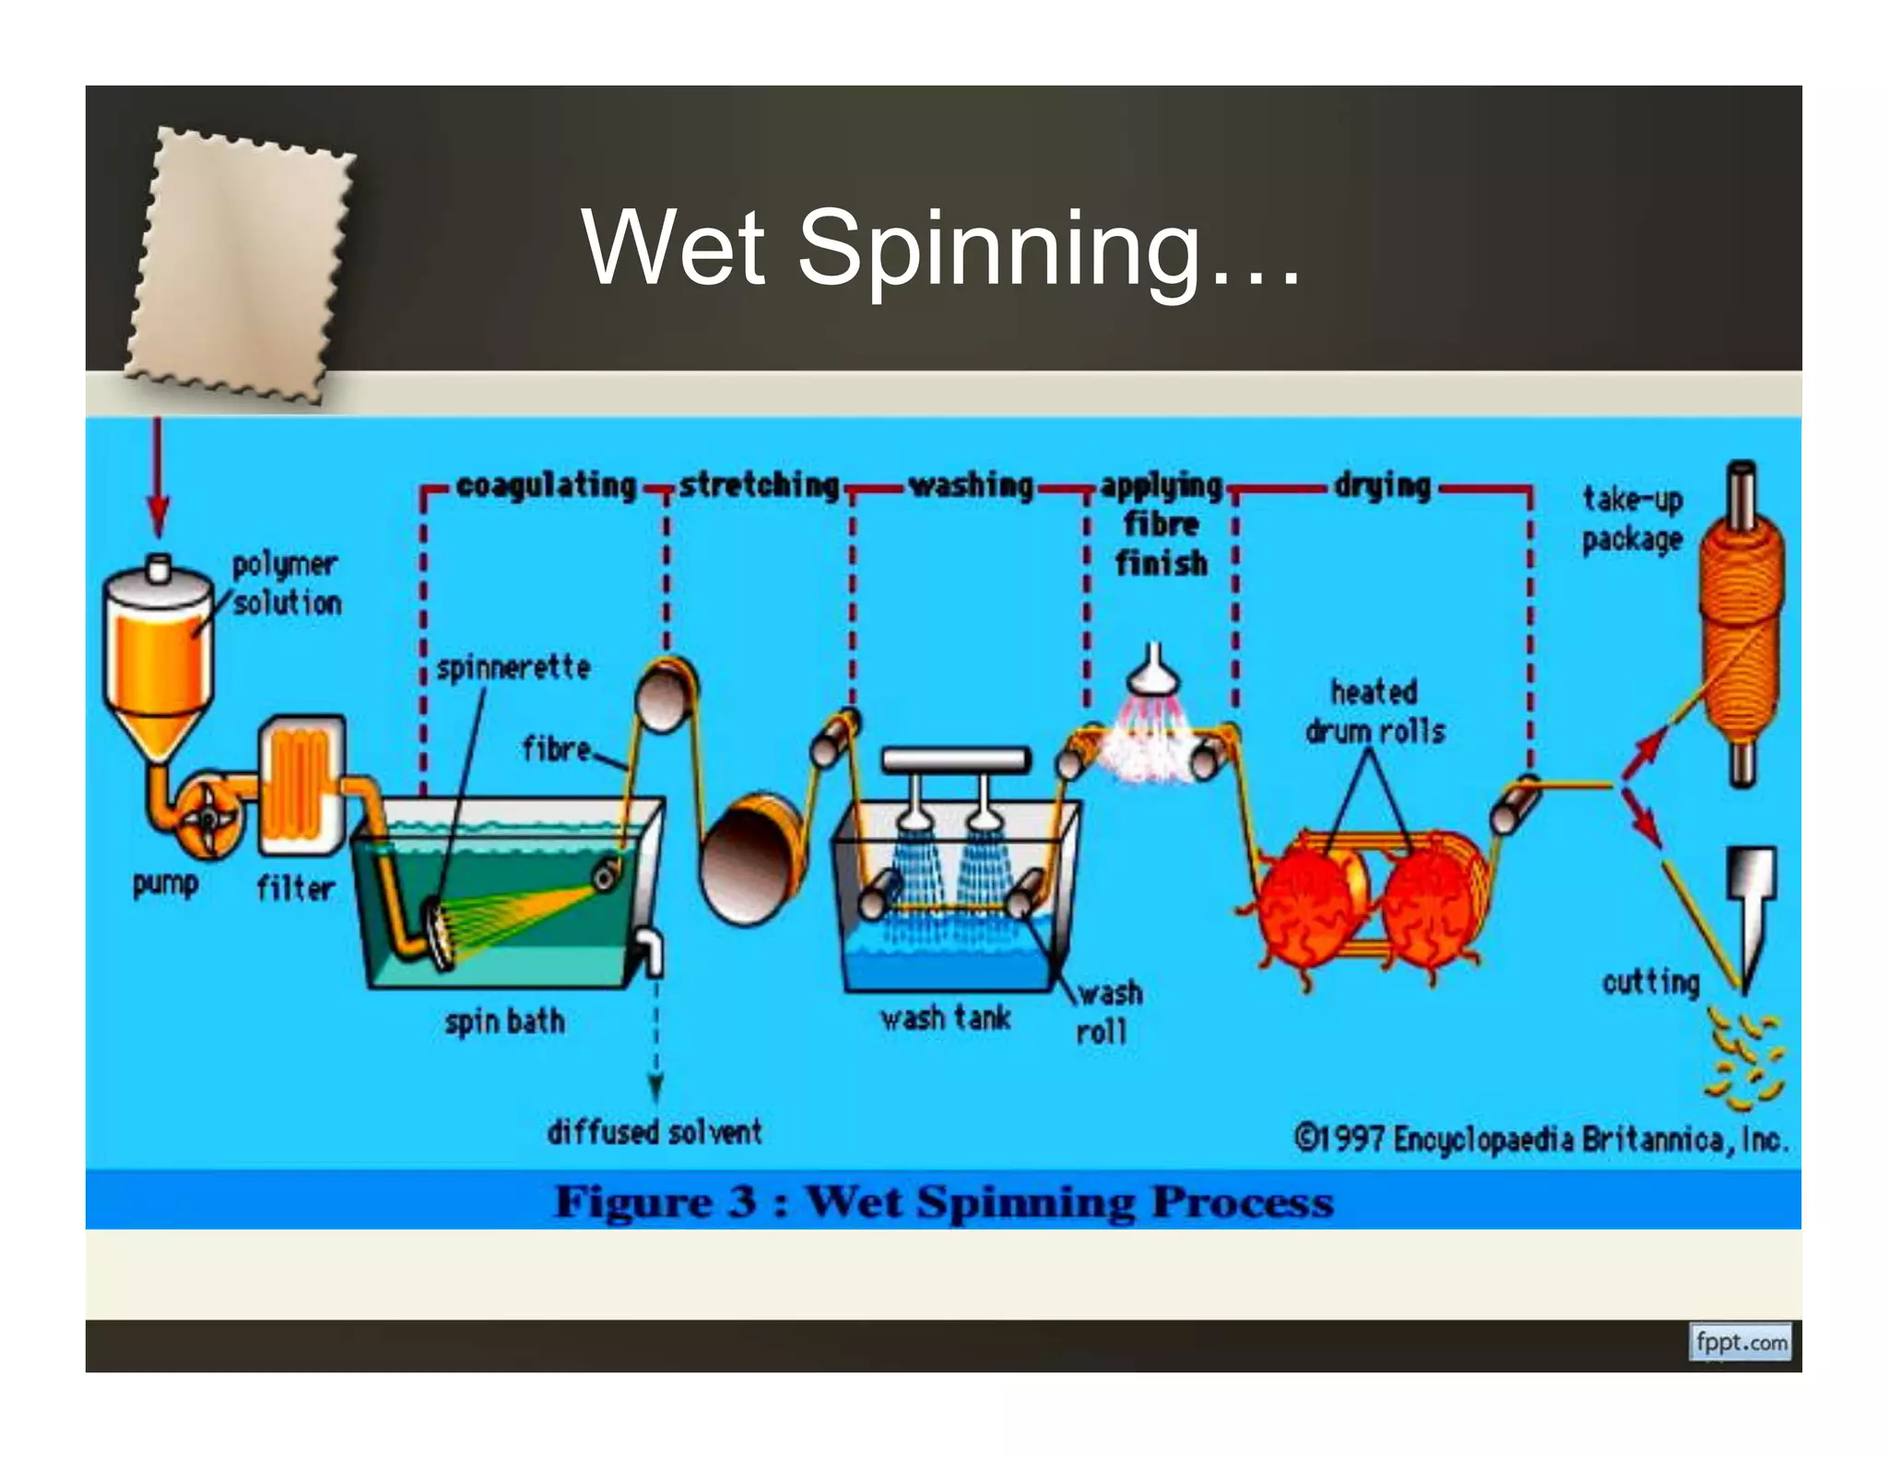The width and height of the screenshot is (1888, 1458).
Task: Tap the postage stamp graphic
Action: pyautogui.click(x=240, y=267)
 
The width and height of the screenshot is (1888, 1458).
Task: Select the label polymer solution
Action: pyautogui.click(x=286, y=583)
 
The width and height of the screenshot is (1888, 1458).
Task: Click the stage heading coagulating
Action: pyautogui.click(x=546, y=486)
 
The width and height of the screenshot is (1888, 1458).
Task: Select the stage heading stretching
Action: pyautogui.click(x=759, y=486)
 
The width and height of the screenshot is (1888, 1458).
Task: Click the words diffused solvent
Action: pyautogui.click(x=655, y=1132)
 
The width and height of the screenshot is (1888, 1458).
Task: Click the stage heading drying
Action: pyautogui.click(x=1382, y=486)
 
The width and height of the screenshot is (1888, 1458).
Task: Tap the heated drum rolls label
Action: pyautogui.click(x=1374, y=711)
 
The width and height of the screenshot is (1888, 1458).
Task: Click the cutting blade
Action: pyautogui.click(x=1750, y=912)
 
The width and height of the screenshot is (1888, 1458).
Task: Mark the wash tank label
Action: pyautogui.click(x=945, y=1018)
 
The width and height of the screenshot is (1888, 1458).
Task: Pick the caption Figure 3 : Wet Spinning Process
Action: pyautogui.click(x=943, y=1202)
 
